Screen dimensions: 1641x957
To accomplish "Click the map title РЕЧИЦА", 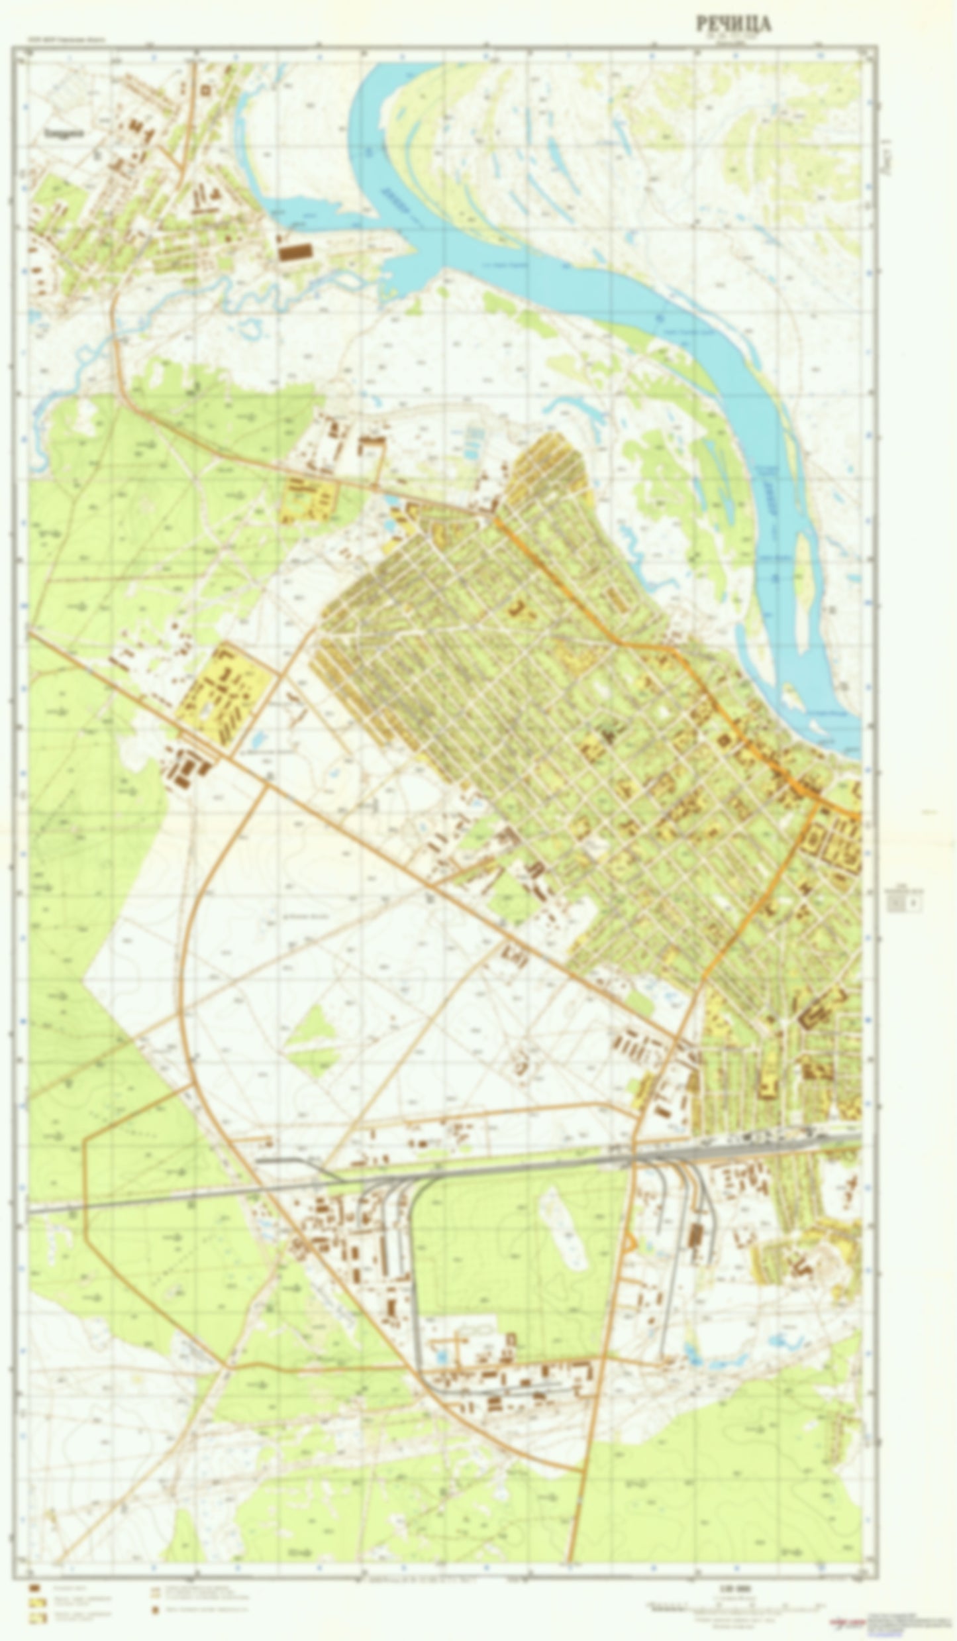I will pos(733,25).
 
